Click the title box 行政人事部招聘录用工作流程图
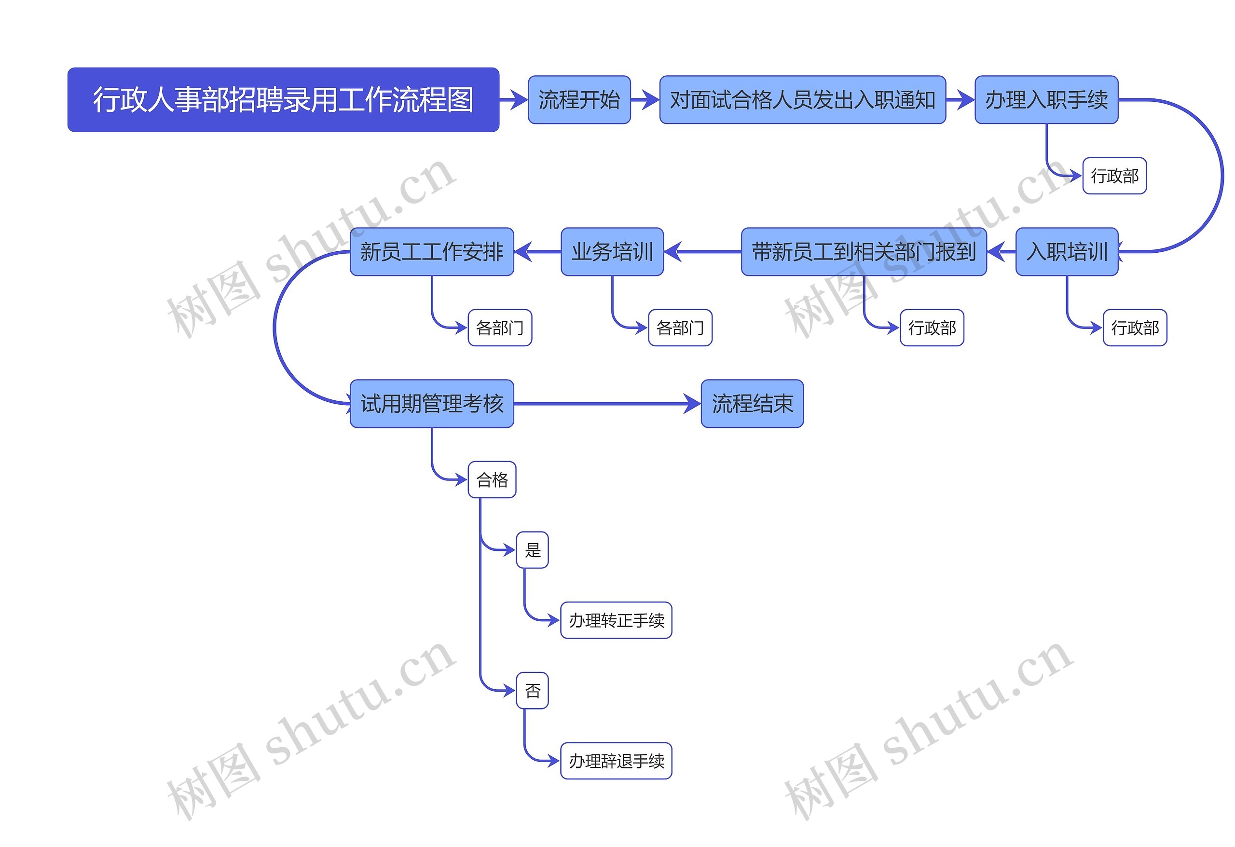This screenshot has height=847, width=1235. pos(283,99)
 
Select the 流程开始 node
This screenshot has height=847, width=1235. pos(579,100)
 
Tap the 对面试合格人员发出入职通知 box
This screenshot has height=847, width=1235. pos(802,100)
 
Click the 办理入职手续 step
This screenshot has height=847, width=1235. pos(1046,100)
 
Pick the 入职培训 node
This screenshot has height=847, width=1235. pos(1067,252)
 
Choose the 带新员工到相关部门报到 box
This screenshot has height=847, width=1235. pos(864,252)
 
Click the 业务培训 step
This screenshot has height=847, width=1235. pos(612,252)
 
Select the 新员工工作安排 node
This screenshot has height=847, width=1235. pos(431,252)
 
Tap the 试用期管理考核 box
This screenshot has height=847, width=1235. pos(431,403)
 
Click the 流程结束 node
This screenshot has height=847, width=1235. pos(752,403)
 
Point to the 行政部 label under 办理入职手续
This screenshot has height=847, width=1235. pos(1114,176)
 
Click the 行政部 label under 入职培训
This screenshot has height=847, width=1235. pos(1135,328)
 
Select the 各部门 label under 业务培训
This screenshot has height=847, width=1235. pos(680,328)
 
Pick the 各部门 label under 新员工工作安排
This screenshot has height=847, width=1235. pos(499,328)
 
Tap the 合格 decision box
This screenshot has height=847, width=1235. pos(492,480)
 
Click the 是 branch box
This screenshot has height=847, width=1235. pos(532,550)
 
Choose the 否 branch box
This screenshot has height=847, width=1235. pos(532,691)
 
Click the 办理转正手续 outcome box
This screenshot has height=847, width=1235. pos(616,620)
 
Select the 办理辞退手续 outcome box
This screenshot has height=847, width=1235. pos(616,761)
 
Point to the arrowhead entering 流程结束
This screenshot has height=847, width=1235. pos(692,404)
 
